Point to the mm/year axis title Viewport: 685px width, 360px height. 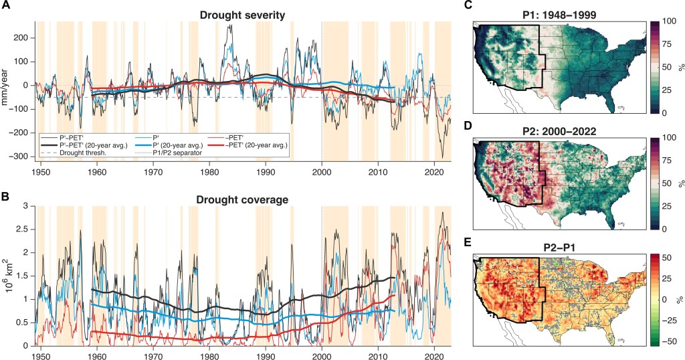[7, 91]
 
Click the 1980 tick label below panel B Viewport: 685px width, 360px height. [211, 354]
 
